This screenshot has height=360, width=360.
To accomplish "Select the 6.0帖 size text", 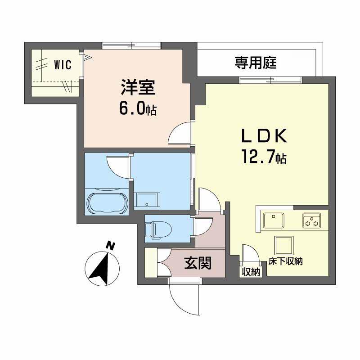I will tap(138, 110).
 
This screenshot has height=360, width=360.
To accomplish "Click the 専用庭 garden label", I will tap(255, 63).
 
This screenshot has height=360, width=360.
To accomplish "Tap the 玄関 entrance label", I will tap(198, 262).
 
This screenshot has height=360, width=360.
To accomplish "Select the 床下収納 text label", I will tap(286, 261).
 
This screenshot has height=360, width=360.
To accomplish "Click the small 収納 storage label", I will tap(251, 272).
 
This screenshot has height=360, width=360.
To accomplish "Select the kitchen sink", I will tap(273, 220).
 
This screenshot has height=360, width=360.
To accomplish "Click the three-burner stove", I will tap(311, 220).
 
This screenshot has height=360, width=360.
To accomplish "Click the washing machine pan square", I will tap(147, 201).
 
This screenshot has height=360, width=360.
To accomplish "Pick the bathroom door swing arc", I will tap(117, 166).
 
